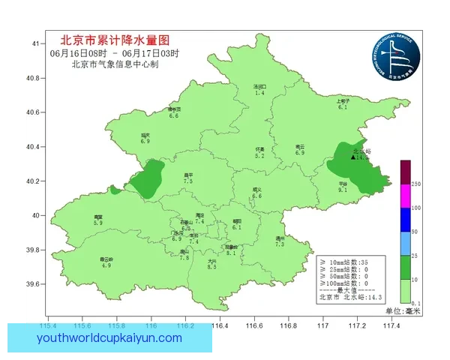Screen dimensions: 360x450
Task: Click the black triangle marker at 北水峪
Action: [353, 157]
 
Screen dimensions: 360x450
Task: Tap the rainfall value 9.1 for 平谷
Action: [342, 190]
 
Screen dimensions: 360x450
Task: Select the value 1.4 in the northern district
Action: [259, 93]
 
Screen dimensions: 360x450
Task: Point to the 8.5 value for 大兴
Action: [211, 267]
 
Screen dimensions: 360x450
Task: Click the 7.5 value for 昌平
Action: [188, 181]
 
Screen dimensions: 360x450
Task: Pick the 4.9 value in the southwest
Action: [106, 265]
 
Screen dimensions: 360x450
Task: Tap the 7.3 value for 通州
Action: [280, 244]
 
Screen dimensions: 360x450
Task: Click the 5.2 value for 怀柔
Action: [259, 156]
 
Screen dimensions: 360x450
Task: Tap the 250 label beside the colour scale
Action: [416, 184]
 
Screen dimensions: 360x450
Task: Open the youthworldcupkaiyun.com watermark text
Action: [109, 338]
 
